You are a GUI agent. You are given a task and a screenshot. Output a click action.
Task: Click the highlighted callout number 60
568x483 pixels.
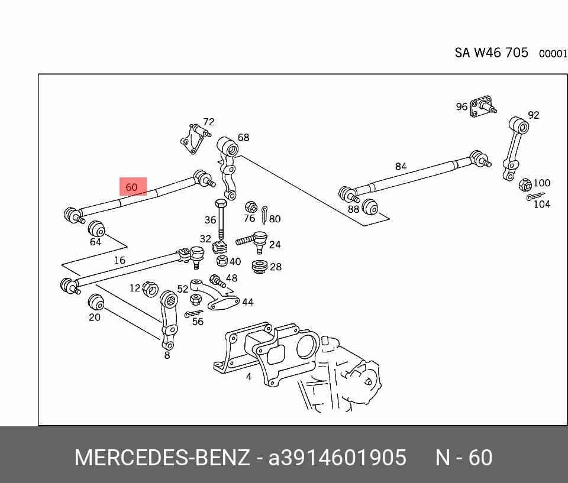click(x=131, y=187)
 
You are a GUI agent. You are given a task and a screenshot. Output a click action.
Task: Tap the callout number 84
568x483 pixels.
click(x=401, y=166)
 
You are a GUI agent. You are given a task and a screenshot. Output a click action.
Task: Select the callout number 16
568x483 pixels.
click(x=120, y=260)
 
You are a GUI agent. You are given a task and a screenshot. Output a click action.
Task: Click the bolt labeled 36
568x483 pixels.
click(x=221, y=219)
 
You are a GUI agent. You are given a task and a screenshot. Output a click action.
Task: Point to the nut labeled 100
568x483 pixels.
click(x=525, y=185)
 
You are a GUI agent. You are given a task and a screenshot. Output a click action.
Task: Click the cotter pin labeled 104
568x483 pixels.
click(x=535, y=197)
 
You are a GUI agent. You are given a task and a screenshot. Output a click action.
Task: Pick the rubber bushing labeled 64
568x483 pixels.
click(x=96, y=228)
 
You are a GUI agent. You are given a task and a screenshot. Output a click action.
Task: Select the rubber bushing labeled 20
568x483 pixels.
click(x=96, y=302)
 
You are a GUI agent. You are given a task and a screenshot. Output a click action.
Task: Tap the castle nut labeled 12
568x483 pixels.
click(x=150, y=288)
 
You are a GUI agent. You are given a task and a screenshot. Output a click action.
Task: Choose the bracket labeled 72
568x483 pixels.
click(x=195, y=138)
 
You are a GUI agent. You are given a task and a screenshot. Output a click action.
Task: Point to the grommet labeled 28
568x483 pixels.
click(x=259, y=266)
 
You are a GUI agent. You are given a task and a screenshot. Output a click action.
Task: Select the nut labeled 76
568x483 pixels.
click(x=251, y=208)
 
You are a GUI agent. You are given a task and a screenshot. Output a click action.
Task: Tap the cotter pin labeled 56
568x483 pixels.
click(x=193, y=313)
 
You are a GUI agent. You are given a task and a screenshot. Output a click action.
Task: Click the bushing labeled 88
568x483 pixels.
click(x=370, y=207)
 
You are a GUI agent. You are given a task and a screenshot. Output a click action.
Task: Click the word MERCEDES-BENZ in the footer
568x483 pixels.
click(x=162, y=458)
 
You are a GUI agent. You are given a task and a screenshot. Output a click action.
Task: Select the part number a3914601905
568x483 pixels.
click(x=337, y=458)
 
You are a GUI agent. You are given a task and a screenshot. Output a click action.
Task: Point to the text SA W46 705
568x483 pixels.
click(x=492, y=53)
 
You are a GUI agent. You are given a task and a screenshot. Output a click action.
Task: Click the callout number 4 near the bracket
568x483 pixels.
click(x=248, y=377)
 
